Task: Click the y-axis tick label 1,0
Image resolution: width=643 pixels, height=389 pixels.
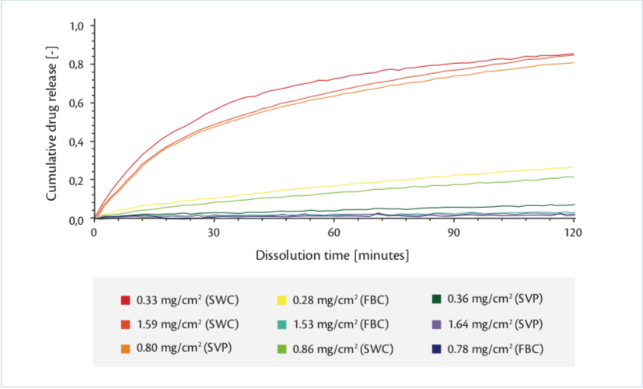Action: coord(76,26)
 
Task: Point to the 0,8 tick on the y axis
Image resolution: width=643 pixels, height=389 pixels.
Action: coord(76,65)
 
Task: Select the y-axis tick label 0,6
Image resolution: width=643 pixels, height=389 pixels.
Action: coord(76,103)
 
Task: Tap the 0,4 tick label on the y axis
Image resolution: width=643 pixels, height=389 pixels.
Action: coord(76,142)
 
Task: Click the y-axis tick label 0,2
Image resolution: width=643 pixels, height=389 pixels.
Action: coord(76,180)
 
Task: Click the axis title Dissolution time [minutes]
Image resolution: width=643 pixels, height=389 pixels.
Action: coord(334,254)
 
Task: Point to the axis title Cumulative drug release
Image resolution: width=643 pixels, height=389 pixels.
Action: coord(52,123)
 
